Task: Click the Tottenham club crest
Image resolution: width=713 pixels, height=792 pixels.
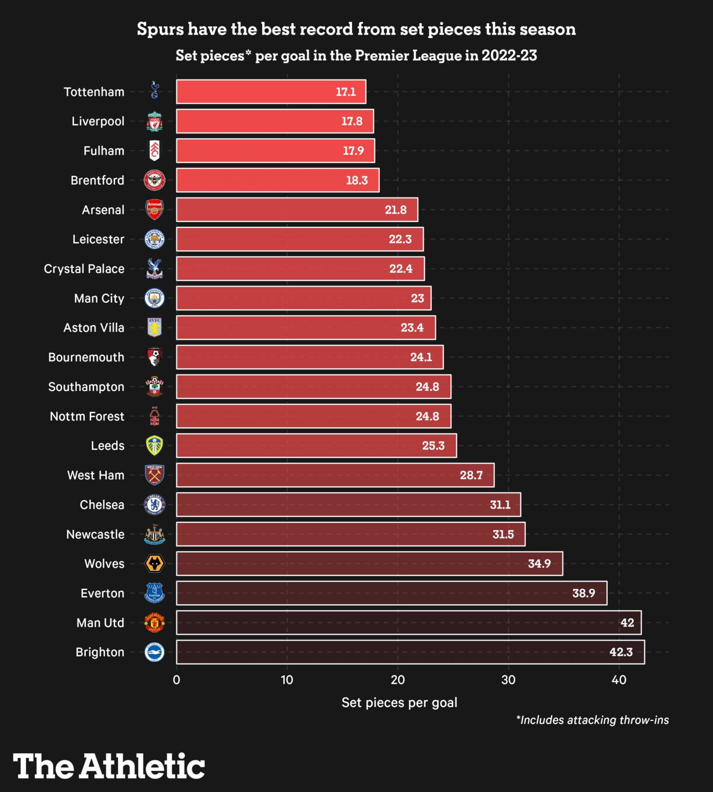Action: pos(154,91)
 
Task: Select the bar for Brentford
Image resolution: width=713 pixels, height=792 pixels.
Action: pos(278,180)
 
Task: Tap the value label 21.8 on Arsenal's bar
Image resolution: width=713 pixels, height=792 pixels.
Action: pos(396,210)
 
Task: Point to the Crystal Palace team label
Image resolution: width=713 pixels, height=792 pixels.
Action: pos(84,269)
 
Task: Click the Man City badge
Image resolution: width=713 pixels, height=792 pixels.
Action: pos(154,299)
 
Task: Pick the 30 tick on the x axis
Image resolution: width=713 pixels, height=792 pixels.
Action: pos(508,680)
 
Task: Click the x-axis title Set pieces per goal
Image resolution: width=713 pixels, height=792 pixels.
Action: pos(399,702)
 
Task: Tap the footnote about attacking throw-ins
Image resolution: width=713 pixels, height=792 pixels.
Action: pos(592,720)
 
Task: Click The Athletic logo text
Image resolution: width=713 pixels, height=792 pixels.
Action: pos(109,766)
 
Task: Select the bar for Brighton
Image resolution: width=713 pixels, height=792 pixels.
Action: pos(410,652)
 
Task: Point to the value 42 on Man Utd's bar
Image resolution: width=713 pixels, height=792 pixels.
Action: pos(627,623)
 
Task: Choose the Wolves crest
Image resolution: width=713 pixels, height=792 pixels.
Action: pos(154,564)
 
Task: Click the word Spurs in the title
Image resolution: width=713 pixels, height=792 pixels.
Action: pos(160,29)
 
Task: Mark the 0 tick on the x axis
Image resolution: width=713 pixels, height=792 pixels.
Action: pos(176,680)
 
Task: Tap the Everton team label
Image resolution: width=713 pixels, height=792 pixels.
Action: pos(102,593)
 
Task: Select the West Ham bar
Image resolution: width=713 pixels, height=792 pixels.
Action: pos(335,475)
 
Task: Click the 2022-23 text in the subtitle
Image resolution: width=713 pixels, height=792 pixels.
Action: pos(509,56)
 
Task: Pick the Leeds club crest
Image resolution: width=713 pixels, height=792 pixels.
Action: pos(154,445)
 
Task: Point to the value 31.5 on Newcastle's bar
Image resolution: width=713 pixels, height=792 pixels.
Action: pos(503,535)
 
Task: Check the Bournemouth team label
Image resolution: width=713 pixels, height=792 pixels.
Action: pos(86,357)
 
